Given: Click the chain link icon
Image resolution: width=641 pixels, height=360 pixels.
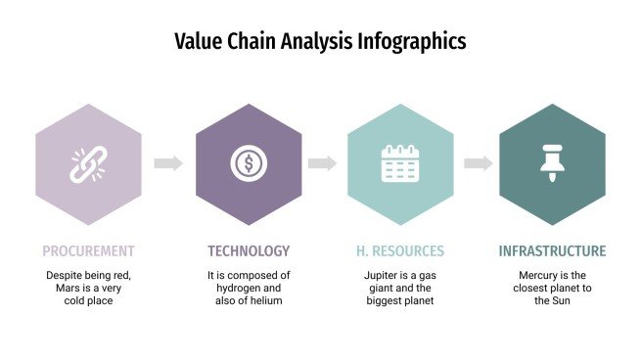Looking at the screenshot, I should pyautogui.click(x=87, y=163).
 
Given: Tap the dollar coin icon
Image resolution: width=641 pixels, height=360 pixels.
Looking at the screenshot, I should pyautogui.click(x=249, y=163).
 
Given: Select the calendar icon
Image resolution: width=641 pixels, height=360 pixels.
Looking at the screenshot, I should pyautogui.click(x=399, y=163).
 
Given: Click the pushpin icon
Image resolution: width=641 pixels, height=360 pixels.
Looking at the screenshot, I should pyautogui.click(x=552, y=163).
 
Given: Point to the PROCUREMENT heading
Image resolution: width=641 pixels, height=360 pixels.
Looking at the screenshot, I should pyautogui.click(x=88, y=250).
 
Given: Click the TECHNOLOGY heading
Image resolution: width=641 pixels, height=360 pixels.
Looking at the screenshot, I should pyautogui.click(x=249, y=250).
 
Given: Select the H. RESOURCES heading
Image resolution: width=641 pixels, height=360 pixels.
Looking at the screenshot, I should pyautogui.click(x=399, y=250).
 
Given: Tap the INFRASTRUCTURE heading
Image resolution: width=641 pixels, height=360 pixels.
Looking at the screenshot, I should pyautogui.click(x=552, y=250).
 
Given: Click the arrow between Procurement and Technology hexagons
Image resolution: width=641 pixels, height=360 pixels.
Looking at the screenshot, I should pyautogui.click(x=168, y=163).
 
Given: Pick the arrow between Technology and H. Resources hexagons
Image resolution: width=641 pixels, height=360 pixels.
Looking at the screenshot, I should pyautogui.click(x=322, y=163).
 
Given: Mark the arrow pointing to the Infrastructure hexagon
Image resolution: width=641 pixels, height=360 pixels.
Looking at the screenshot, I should pyautogui.click(x=478, y=163).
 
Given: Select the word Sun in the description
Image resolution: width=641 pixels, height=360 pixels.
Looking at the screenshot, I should pyautogui.click(x=561, y=301).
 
